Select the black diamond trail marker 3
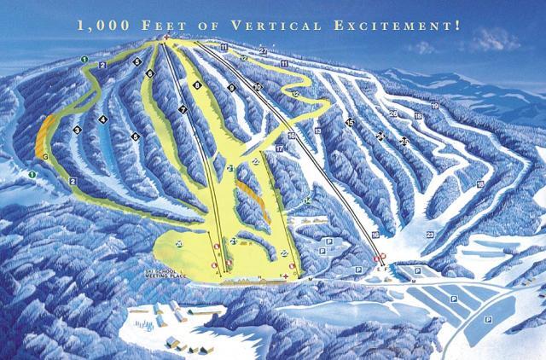(77, 130)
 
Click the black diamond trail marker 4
(102, 119)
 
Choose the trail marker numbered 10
(257, 86)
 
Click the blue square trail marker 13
(317, 131)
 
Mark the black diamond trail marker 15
(350, 123)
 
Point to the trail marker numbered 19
(434, 105)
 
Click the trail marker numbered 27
(263, 52)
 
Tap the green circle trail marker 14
(307, 201)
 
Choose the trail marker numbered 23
(429, 233)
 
